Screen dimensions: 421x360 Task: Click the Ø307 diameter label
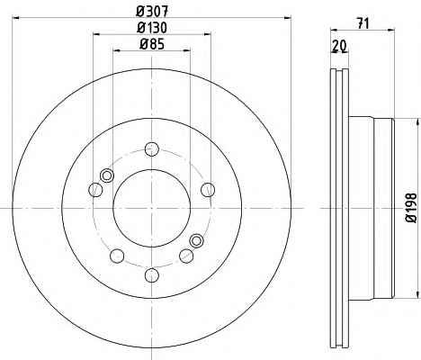coord(152,12)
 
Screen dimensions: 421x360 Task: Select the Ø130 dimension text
coord(152,28)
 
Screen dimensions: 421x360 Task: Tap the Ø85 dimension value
coord(152,44)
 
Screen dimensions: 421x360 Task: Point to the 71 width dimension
coord(363,23)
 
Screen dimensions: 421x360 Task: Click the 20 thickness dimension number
coord(339,46)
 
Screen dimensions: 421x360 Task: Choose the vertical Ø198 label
coord(411,208)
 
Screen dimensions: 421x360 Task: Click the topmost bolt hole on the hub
coord(152,149)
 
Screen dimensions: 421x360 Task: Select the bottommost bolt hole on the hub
coord(152,275)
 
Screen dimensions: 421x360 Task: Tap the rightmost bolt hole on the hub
coord(208,190)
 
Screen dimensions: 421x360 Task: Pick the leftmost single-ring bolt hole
coord(96,190)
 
